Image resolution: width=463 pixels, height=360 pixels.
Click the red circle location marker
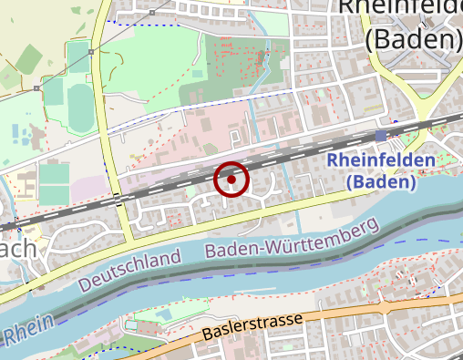point(231,180)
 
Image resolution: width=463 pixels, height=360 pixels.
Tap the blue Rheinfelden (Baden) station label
point(381,170)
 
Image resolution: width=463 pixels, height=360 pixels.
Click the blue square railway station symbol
point(380,135)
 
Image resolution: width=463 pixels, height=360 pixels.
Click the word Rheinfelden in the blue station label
point(381,160)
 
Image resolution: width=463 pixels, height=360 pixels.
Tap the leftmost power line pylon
point(36,88)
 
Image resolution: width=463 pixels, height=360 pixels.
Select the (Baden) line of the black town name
point(412,39)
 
